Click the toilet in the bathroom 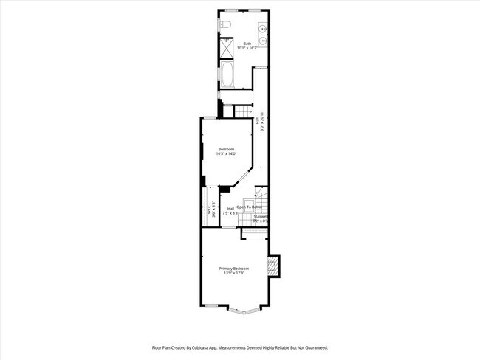[226, 27]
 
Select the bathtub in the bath [226, 75]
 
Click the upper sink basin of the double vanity [263, 28]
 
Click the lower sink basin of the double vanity [263, 41]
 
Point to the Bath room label [247, 44]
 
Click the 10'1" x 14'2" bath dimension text [247, 48]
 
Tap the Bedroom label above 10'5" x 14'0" [226, 150]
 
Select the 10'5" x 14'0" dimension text [226, 154]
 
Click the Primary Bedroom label [234, 269]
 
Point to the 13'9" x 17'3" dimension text [234, 274]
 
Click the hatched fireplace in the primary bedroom [274, 266]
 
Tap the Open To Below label [249, 207]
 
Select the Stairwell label [260, 216]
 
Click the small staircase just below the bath [243, 111]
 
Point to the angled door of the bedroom [241, 178]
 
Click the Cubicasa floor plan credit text [239, 347]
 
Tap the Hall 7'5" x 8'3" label [230, 211]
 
